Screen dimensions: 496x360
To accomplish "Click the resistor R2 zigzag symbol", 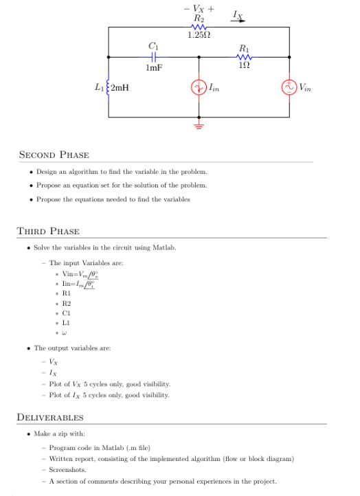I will [x=199, y=27].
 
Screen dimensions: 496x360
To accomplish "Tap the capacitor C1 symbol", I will [x=154, y=57].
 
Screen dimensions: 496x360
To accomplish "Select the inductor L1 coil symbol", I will [x=109, y=87].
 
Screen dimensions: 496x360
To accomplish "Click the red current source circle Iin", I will [x=199, y=87].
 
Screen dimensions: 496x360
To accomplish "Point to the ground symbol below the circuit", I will [x=199, y=125].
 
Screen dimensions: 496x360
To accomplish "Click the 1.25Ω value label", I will [x=199, y=34].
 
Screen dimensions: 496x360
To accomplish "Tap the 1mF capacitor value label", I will [x=154, y=67].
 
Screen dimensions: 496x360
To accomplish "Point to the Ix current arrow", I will [x=238, y=21].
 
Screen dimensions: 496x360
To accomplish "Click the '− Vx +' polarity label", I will [x=199, y=8].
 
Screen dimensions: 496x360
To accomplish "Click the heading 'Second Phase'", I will [x=54, y=155].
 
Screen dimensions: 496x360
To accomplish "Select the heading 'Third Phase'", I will [x=48, y=231].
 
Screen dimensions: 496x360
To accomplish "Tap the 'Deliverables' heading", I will [x=50, y=417].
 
